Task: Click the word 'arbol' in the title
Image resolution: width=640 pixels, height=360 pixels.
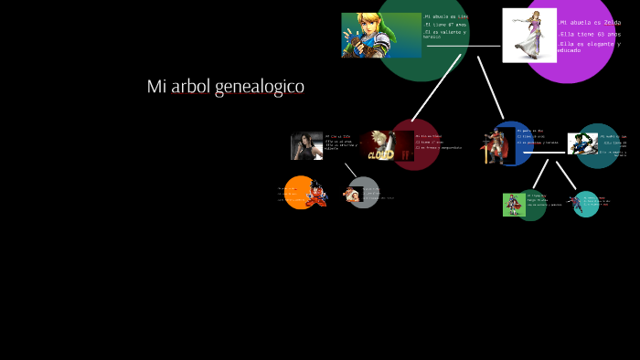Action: pos(191,87)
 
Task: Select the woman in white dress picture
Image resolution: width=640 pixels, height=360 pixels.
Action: pos(528,35)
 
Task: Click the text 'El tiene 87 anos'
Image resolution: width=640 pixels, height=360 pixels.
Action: pos(446,25)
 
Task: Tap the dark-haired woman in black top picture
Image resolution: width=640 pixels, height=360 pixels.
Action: pos(306,146)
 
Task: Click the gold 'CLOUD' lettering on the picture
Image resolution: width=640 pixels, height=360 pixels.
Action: pos(379,154)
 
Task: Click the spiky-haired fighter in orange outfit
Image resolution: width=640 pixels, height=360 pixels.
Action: pos(315,194)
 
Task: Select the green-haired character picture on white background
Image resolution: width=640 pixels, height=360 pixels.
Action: pos(581,143)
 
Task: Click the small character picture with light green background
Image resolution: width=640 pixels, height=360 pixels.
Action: pos(512,205)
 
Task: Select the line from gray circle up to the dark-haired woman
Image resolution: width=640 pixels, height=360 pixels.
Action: pos(350,171)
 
